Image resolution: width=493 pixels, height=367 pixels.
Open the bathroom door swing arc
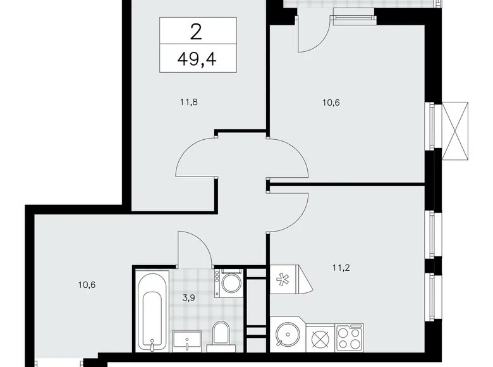pyautogui.click(x=195, y=249)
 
